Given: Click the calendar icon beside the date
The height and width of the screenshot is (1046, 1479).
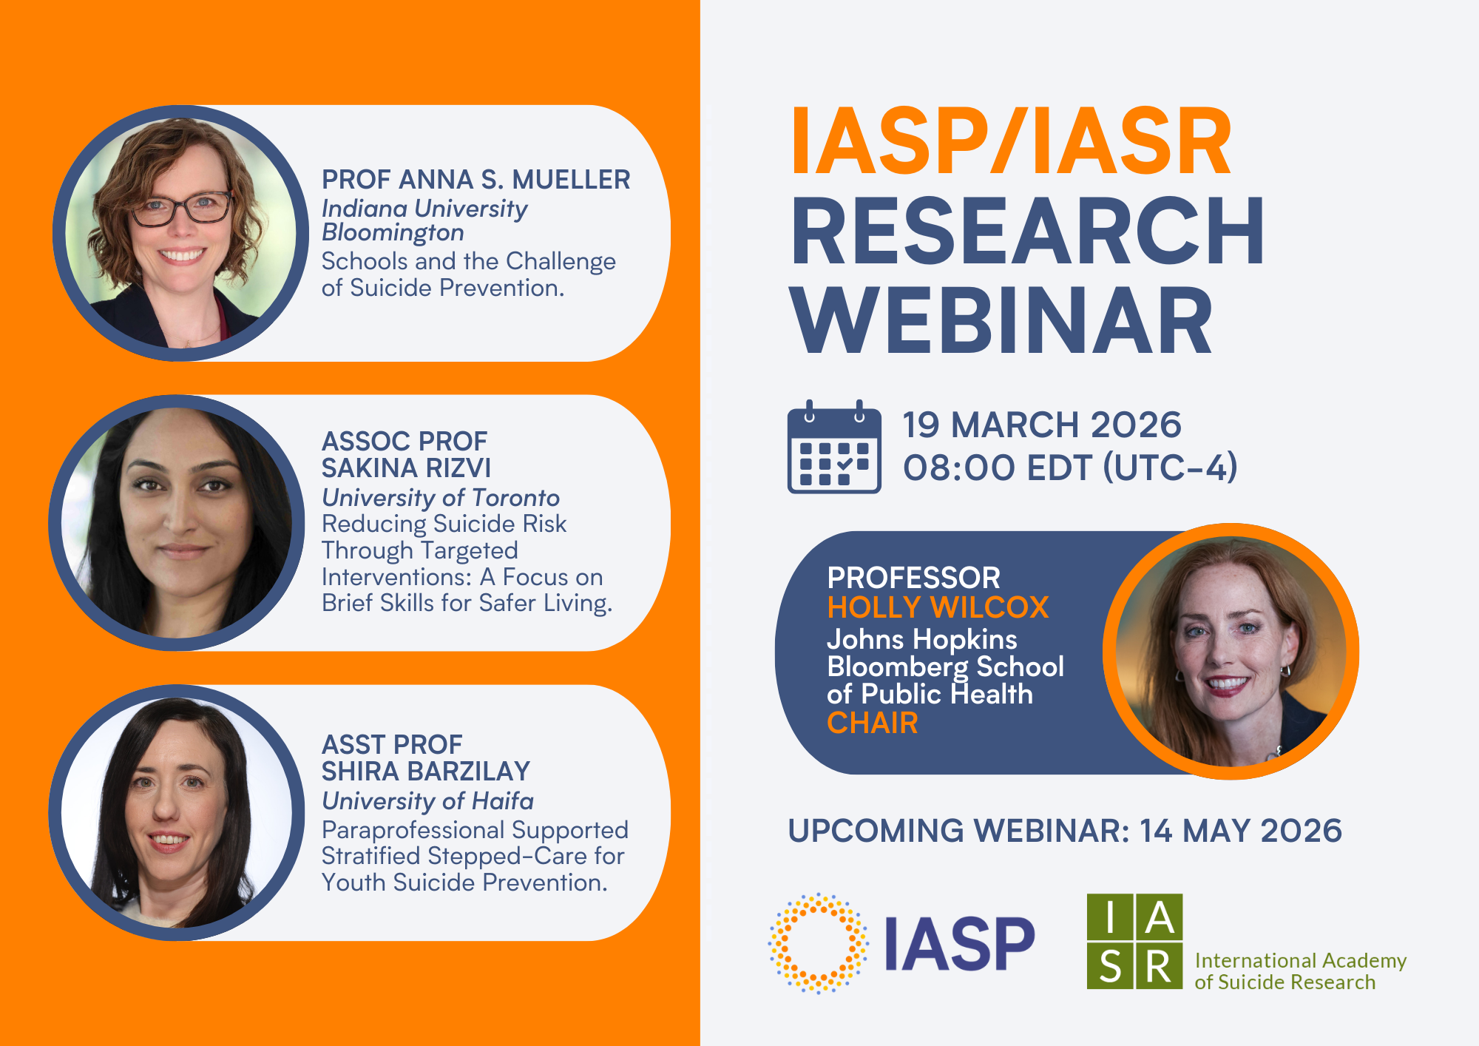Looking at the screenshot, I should (834, 448).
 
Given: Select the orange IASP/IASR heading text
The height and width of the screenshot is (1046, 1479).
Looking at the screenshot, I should (1012, 141).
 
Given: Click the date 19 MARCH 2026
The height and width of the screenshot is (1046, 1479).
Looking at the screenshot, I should (1041, 425).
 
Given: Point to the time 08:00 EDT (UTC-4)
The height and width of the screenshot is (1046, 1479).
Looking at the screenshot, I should (1069, 468).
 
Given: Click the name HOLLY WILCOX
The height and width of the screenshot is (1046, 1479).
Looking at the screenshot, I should (938, 607).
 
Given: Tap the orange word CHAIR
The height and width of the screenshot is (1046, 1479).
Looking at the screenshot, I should (873, 723).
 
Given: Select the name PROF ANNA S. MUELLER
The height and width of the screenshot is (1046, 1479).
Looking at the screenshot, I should (475, 180).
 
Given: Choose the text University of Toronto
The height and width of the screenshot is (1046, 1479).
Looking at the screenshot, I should (441, 498).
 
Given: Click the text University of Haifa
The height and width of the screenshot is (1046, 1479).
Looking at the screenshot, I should (427, 801).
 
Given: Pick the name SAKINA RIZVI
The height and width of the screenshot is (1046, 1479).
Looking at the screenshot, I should (406, 468).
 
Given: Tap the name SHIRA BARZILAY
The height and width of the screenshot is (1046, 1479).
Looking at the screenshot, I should (426, 772).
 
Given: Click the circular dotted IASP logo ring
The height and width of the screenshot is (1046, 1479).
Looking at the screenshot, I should (818, 943).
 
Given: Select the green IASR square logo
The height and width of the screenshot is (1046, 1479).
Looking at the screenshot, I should (1134, 941).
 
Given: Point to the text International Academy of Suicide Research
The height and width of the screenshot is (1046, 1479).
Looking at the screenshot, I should (1300, 971).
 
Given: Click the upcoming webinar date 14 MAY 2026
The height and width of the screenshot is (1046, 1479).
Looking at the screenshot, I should (1240, 831).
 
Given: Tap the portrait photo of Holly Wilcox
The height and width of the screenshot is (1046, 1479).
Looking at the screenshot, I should (1231, 651).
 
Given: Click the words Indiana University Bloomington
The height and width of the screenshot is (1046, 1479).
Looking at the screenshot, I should (424, 220).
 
